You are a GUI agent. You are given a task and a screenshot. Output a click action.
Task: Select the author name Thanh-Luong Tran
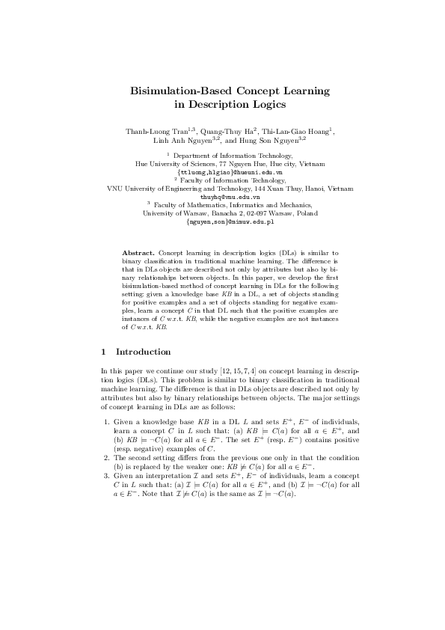(x=156, y=132)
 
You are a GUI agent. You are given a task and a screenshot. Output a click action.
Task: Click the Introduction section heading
(x=144, y=352)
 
